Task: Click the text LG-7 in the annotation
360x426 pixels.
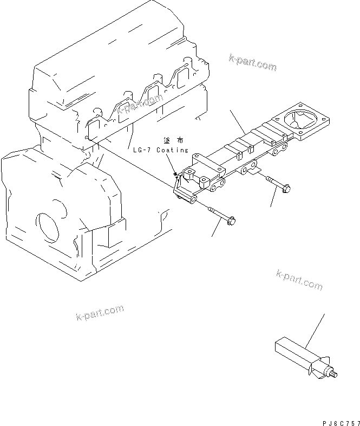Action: click(x=142, y=150)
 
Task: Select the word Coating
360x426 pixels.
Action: click(x=172, y=150)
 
